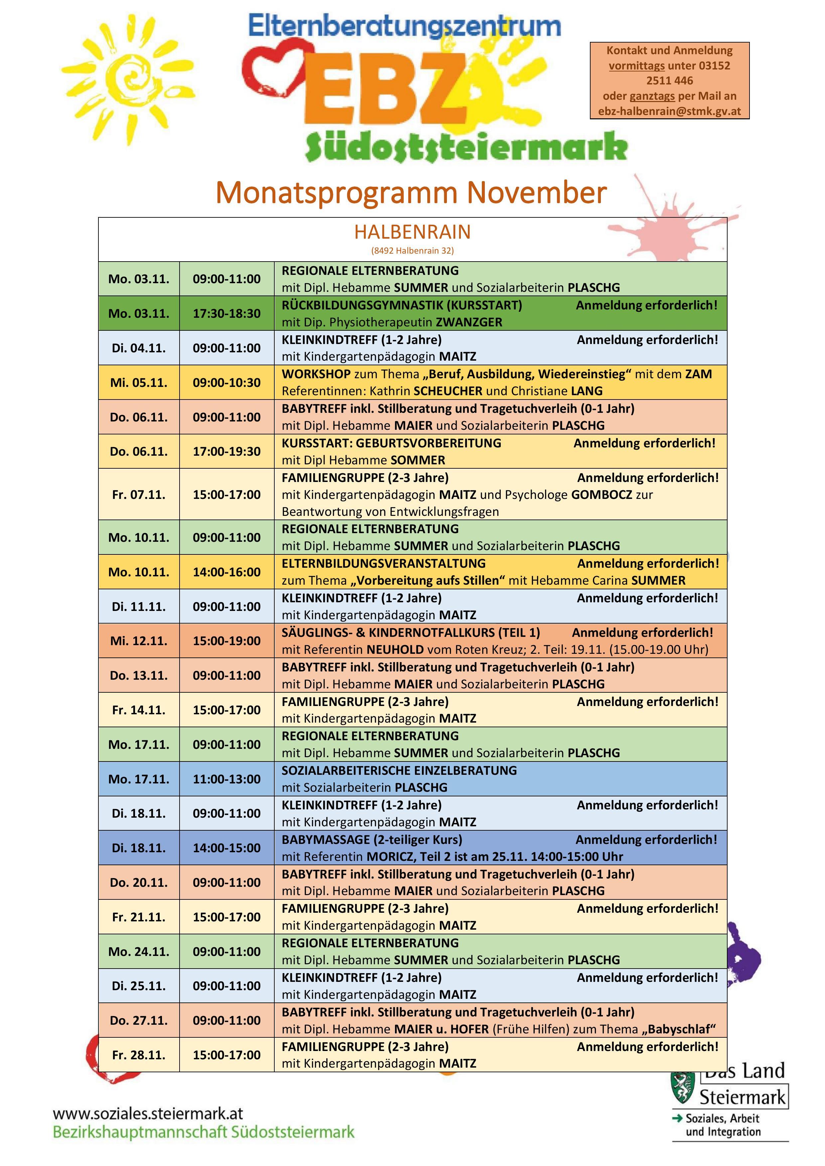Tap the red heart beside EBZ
(275, 68)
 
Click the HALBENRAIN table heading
(412, 232)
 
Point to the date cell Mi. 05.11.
(139, 382)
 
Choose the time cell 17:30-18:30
(226, 313)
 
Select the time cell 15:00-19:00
(226, 641)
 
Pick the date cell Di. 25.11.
(139, 986)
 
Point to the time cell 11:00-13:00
(226, 779)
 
